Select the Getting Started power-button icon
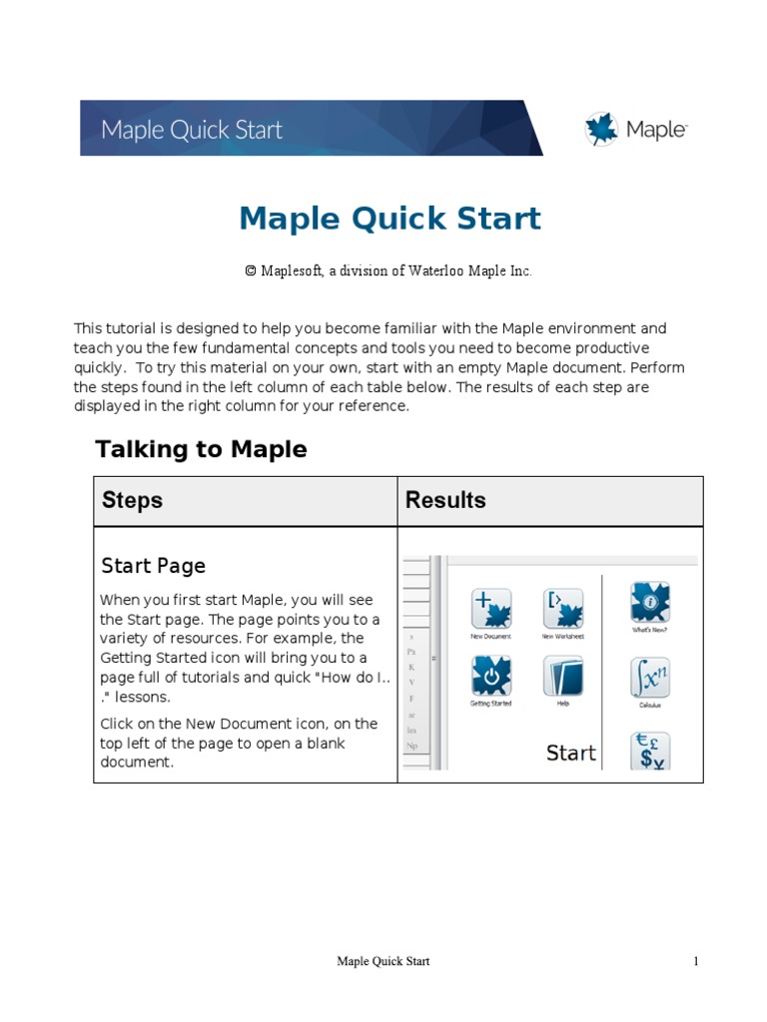[x=490, y=676]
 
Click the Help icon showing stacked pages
[x=562, y=676]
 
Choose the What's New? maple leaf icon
[x=649, y=603]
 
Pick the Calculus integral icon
[x=649, y=678]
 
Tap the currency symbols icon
[x=649, y=751]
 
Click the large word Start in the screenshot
[x=570, y=754]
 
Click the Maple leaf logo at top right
[x=601, y=129]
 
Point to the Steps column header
[x=132, y=500]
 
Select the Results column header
[x=445, y=500]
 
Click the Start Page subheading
[x=153, y=566]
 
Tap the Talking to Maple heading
[x=201, y=449]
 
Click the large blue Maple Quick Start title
[x=389, y=218]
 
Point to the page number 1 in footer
[x=696, y=961]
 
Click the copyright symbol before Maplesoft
[x=251, y=271]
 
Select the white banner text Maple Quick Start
[x=192, y=130]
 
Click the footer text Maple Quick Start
[x=383, y=961]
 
